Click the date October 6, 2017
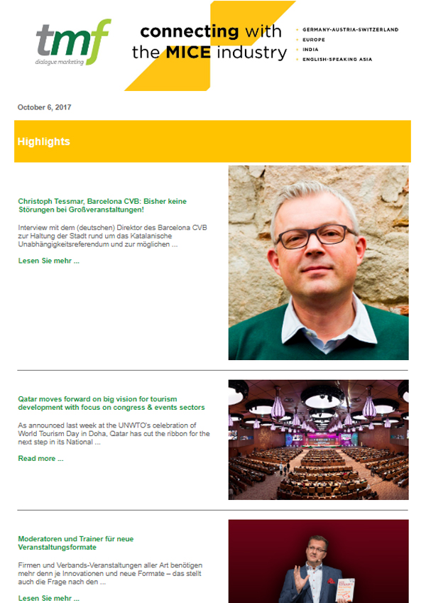44,107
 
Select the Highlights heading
43,141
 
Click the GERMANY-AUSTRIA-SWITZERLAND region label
350,30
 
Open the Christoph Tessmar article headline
102,206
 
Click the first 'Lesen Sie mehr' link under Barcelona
48,261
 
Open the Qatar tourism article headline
111,403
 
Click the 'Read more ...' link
40,458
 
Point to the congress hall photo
318,440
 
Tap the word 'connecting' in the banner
189,31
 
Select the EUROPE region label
313,40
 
